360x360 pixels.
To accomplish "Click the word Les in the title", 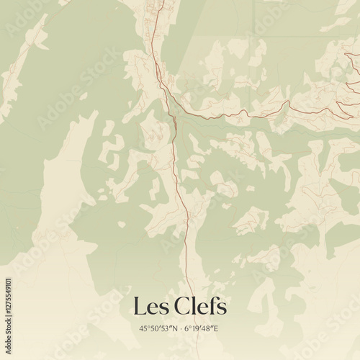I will coord(148,307).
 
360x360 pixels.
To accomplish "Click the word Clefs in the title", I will coord(199,307).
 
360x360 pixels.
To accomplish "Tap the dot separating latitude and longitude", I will coord(181,328).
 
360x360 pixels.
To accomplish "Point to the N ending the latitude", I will coord(173,328).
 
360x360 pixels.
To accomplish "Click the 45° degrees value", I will coord(144,328).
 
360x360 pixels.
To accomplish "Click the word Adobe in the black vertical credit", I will coord(7,336).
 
